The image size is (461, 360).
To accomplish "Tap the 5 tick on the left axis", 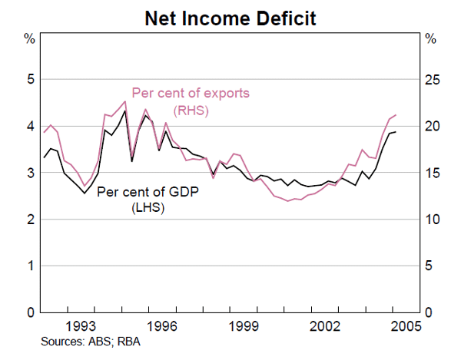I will [29, 79].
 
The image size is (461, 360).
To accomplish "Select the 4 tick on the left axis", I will [29, 126].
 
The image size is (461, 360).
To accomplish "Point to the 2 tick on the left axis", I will [29, 220].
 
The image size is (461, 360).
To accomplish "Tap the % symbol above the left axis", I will [29, 38].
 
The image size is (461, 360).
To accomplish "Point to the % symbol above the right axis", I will [431, 38].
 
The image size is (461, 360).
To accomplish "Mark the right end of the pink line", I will [396, 115].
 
